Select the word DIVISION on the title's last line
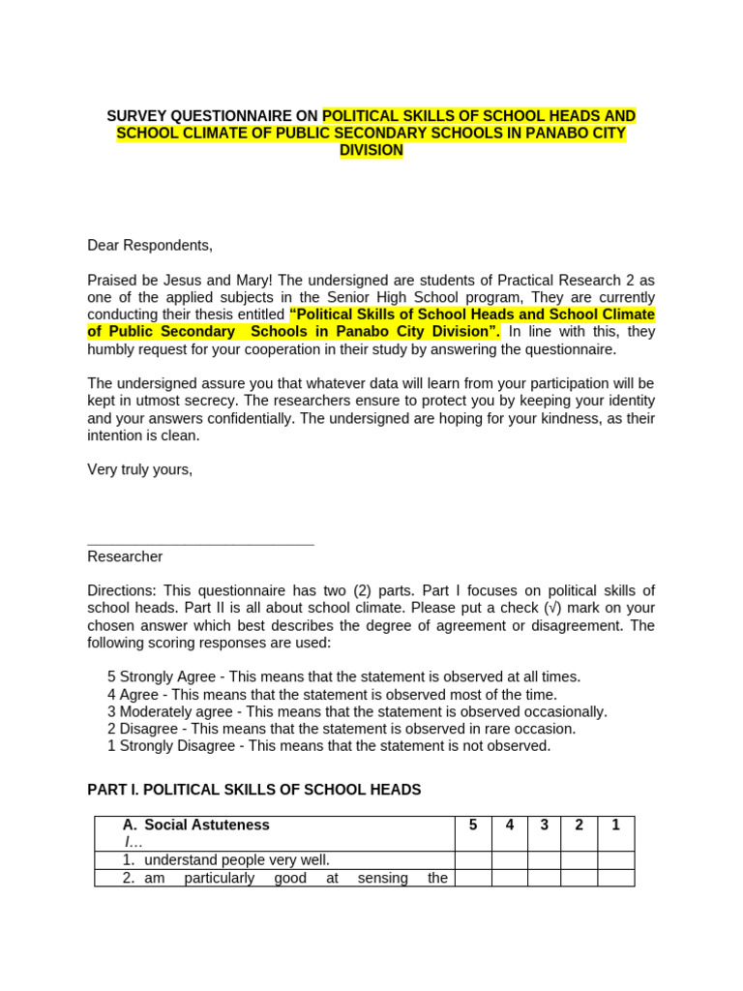371,151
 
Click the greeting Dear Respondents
150,245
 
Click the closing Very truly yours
140,469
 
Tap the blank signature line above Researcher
200,544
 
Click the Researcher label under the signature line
125,556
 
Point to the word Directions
121,590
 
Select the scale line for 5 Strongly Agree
343,676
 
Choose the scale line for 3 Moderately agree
357,711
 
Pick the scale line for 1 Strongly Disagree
329,746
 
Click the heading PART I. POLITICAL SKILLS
254,790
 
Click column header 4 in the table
509,826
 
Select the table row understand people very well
237,860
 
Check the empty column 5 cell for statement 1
473,860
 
